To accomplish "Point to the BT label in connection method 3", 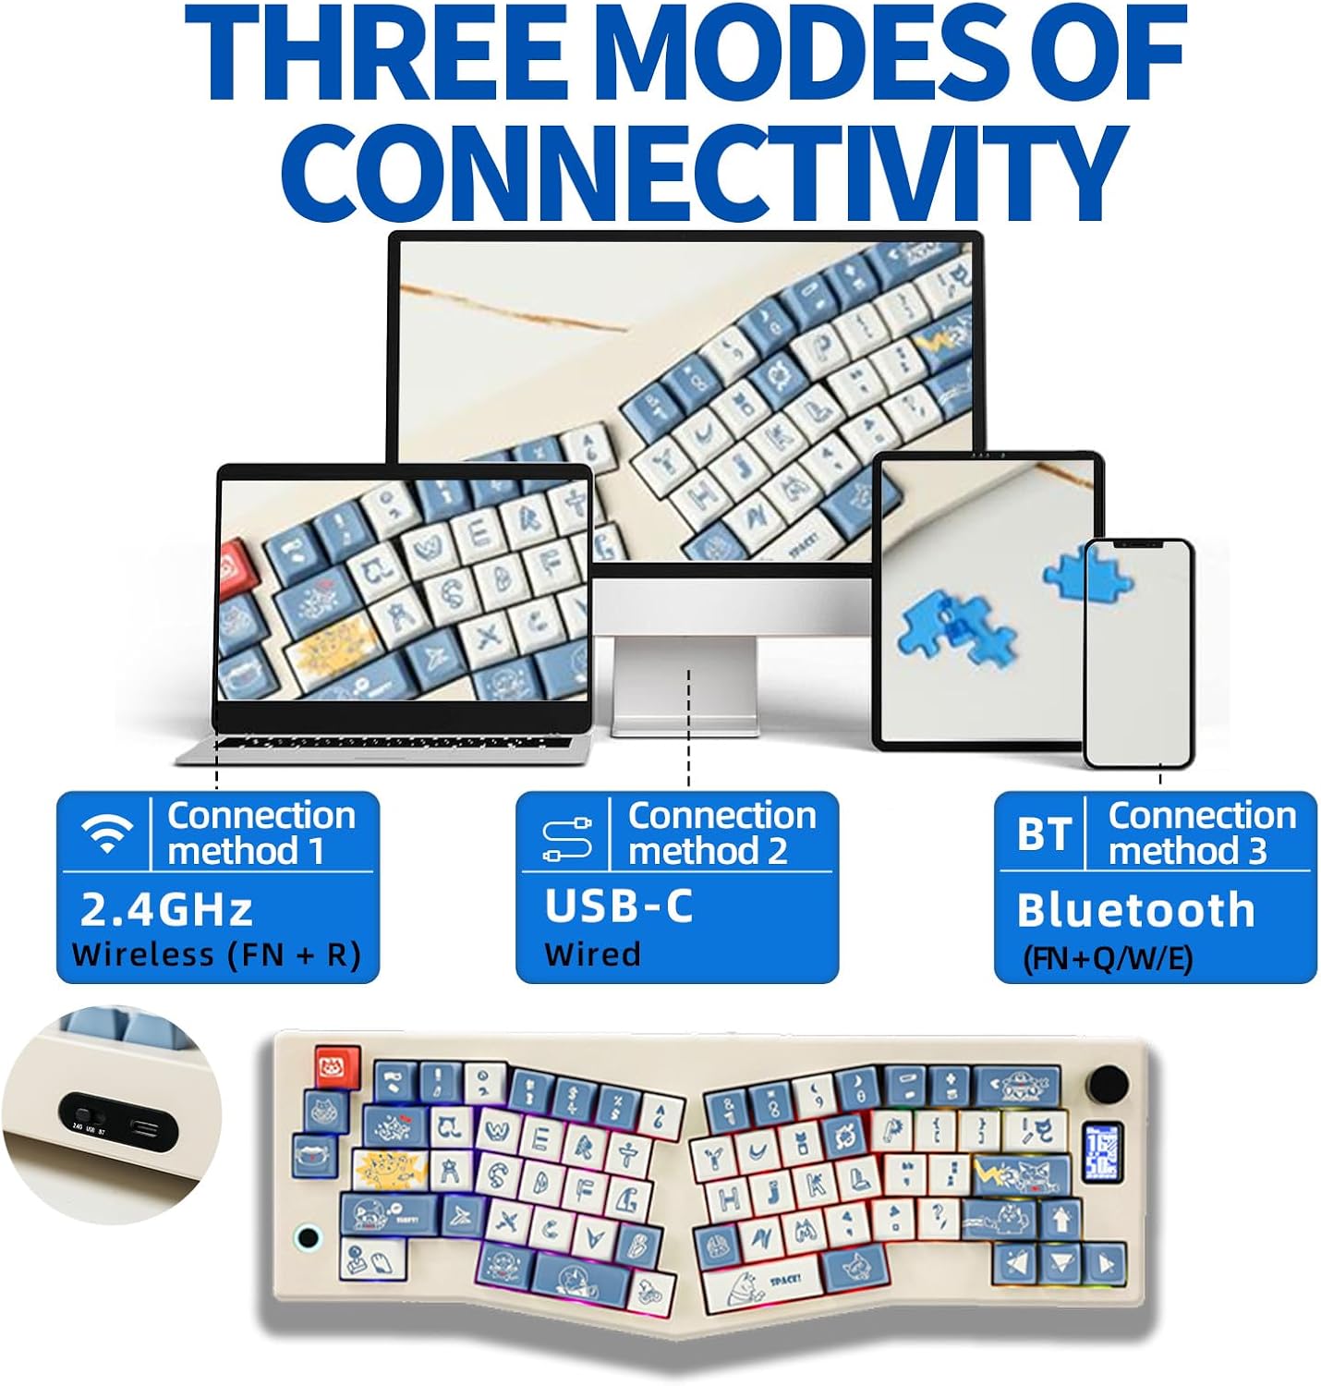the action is coord(1044,834).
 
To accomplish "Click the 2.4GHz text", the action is coord(166,909).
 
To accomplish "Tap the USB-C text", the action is coord(618,906).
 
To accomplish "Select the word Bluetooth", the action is coord(1135,910).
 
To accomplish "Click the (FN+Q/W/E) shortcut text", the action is coord(1108,958).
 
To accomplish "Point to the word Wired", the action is coord(592,954).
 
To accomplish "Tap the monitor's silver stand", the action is coord(685,684).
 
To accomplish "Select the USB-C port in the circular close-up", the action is coord(147,1127).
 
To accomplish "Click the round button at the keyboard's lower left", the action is coord(308,1237).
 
